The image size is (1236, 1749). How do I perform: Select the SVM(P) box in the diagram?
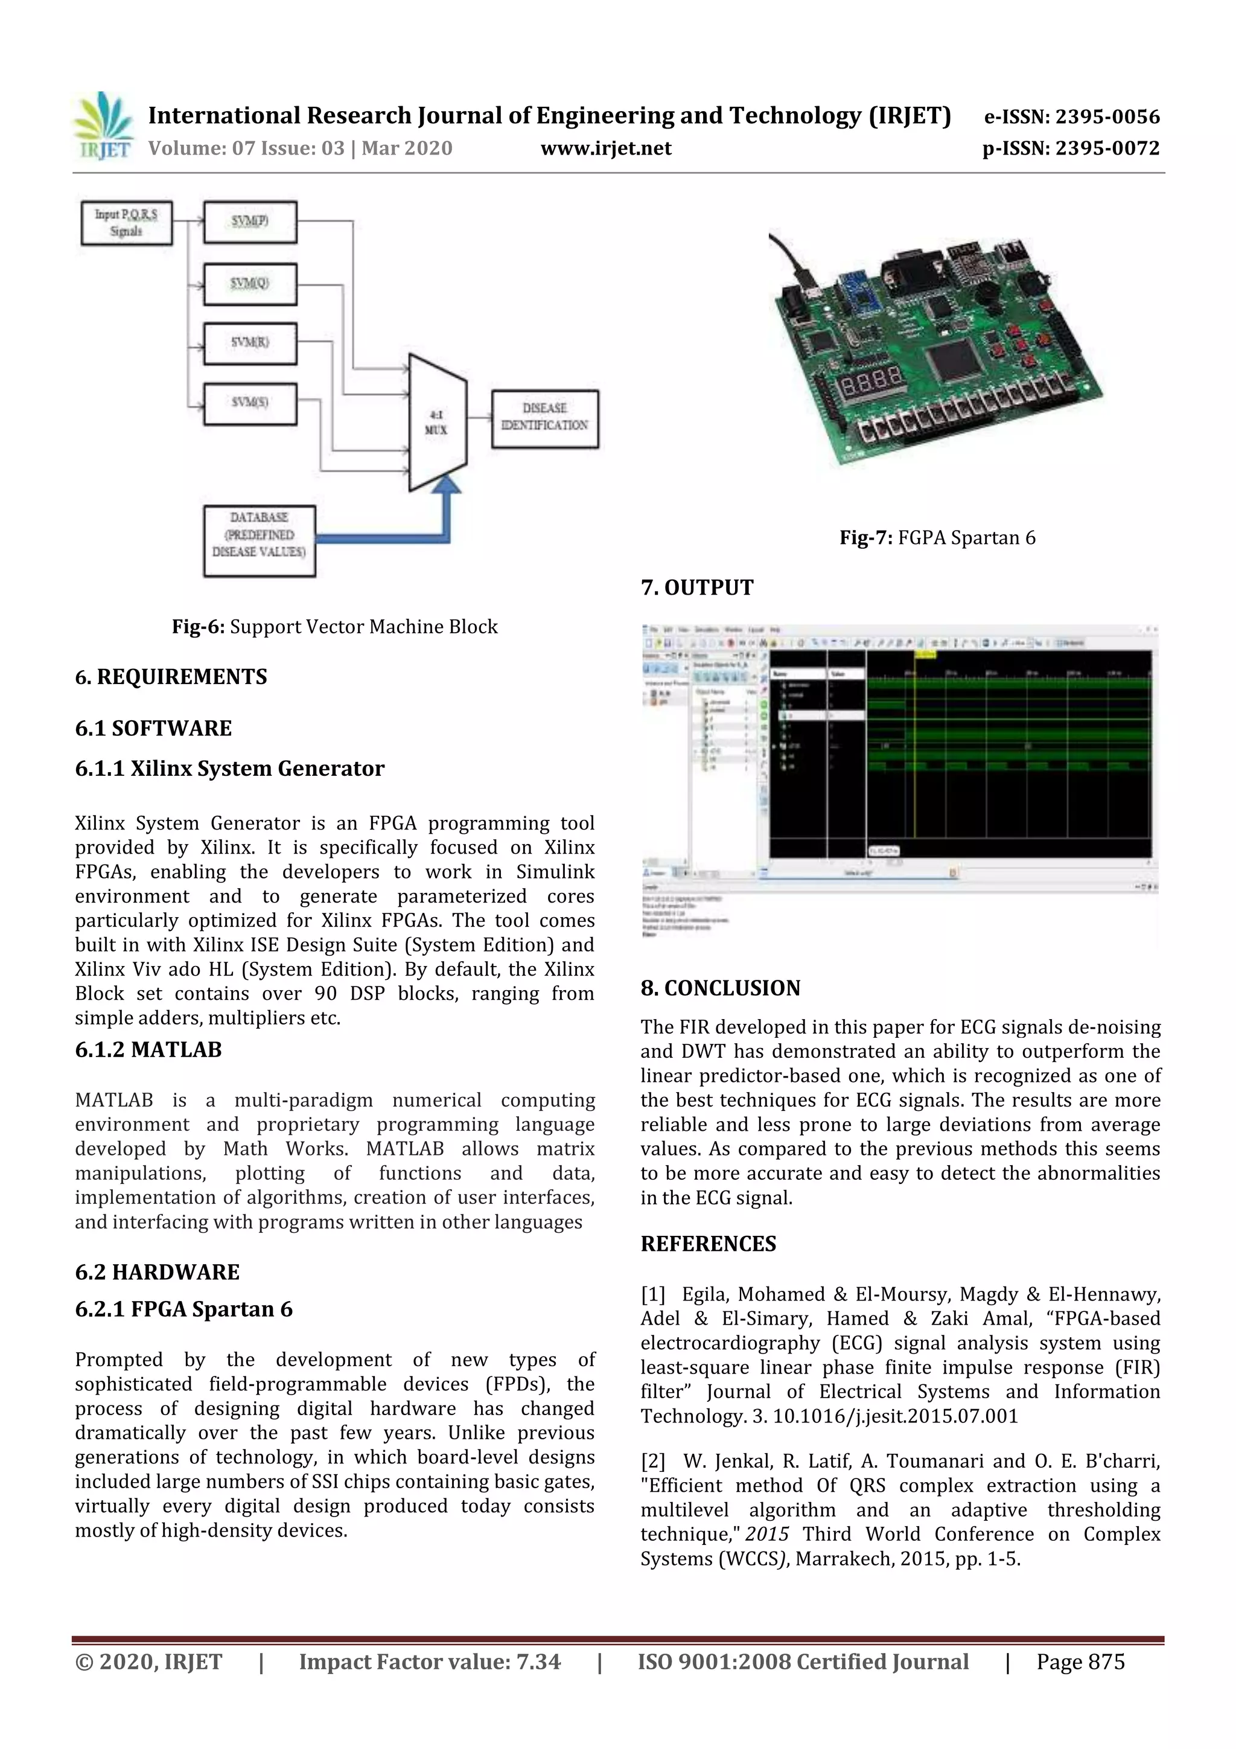click(x=250, y=222)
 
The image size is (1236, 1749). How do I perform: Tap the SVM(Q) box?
click(x=250, y=283)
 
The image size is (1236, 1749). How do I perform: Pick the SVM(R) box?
click(x=250, y=344)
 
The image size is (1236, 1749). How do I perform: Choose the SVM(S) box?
click(x=250, y=403)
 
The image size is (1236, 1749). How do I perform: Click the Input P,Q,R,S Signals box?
click(x=126, y=222)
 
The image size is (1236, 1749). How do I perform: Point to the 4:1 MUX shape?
click(x=437, y=422)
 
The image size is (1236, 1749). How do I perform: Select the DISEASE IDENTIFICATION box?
click(x=544, y=418)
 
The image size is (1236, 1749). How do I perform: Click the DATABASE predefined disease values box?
click(x=259, y=541)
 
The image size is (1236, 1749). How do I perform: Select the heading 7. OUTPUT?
click(x=697, y=587)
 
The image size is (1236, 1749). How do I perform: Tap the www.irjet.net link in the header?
click(x=605, y=149)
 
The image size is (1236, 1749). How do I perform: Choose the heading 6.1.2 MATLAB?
click(x=148, y=1050)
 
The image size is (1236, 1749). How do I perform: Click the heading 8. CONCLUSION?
click(x=721, y=988)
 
